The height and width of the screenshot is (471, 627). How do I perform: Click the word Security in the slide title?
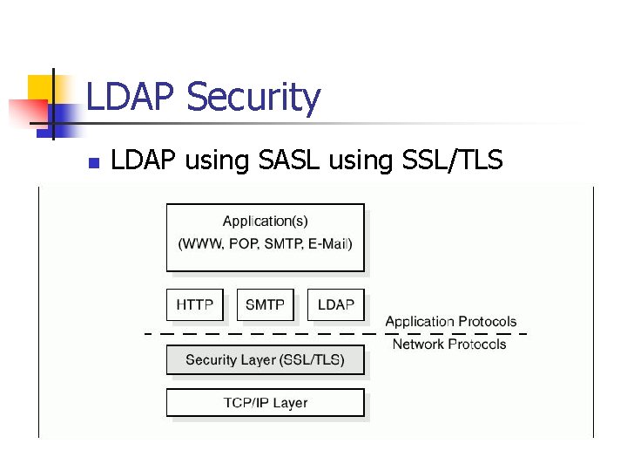253,99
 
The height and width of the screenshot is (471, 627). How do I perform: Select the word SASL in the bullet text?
288,160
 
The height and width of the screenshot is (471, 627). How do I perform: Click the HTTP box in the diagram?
195,305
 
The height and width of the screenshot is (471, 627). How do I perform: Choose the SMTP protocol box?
265,305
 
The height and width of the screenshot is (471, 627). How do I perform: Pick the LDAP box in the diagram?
336,305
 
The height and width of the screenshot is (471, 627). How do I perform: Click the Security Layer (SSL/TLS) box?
265,359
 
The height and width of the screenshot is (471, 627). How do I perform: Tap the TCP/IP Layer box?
265,403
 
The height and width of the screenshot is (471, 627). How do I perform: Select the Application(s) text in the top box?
265,222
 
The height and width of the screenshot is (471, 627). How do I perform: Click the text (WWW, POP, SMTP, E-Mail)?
265,243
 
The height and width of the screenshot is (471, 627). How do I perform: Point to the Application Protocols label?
450,322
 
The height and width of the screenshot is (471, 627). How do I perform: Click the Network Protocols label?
448,345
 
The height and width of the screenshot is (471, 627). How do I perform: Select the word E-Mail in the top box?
327,243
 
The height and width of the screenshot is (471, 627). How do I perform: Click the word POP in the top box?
243,243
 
